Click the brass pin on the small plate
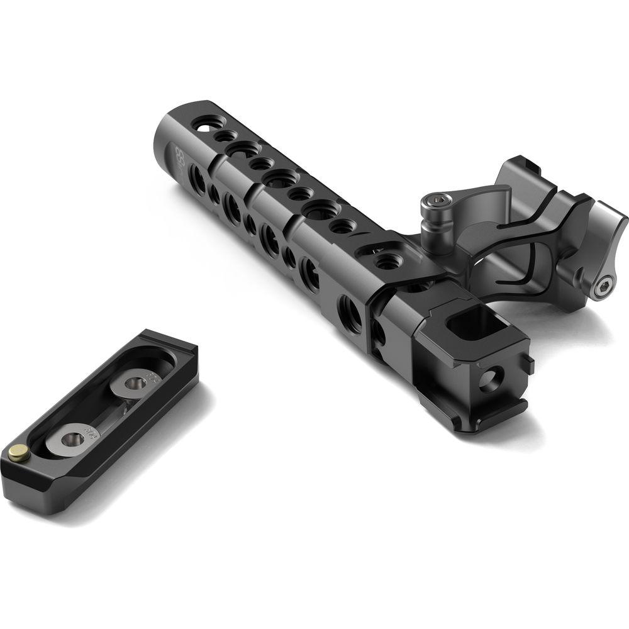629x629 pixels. pos(19,450)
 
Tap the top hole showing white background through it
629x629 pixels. pos(203,125)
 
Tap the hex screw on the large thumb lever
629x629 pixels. pos(605,287)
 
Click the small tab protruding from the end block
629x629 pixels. pos(530,365)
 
